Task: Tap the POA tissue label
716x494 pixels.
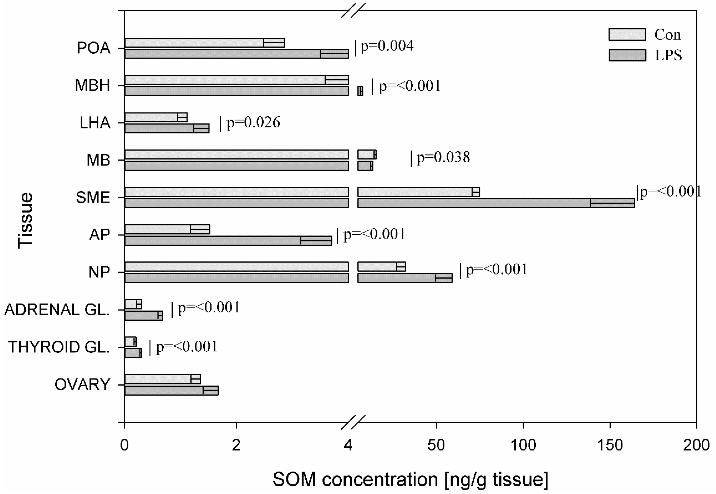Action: [94, 48]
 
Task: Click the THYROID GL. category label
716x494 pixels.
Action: [59, 347]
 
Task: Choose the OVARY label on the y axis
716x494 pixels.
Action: [82, 385]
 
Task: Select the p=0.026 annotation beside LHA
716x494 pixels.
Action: [253, 123]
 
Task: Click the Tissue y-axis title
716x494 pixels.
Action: [25, 220]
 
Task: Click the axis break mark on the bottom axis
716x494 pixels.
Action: [353, 422]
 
